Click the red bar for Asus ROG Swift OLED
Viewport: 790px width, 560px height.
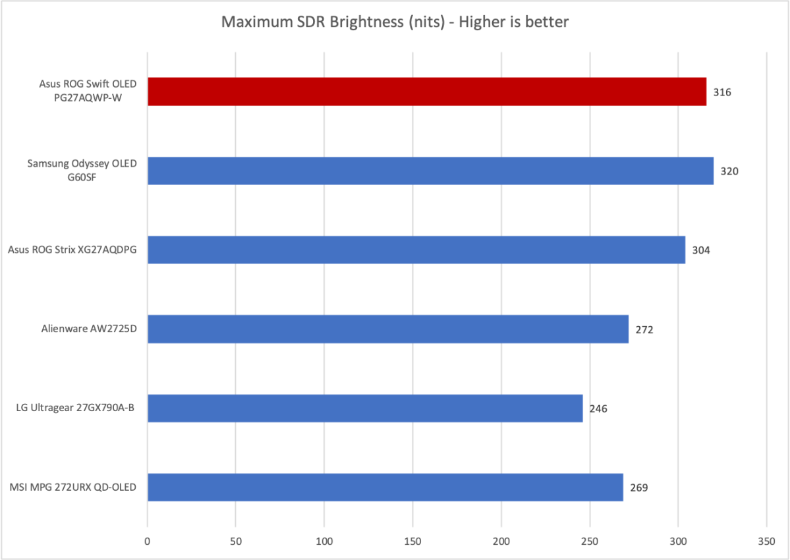click(x=426, y=92)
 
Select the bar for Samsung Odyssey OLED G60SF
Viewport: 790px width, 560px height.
click(x=430, y=171)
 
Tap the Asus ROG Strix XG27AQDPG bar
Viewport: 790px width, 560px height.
click(x=416, y=250)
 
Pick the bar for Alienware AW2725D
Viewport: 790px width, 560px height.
click(x=387, y=329)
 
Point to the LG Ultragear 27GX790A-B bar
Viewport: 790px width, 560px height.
click(x=365, y=408)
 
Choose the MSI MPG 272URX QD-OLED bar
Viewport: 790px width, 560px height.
click(x=385, y=487)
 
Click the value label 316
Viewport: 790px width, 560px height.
click(x=722, y=92)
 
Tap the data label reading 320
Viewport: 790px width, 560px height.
click(x=729, y=171)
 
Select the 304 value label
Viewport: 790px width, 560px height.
click(x=701, y=250)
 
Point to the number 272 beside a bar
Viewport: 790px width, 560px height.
click(x=644, y=329)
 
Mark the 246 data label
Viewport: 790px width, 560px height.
click(x=598, y=408)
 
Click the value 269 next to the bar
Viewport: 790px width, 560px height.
click(x=639, y=488)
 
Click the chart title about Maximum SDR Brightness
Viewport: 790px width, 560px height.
click(x=395, y=22)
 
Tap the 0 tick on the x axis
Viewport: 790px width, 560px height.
click(x=148, y=541)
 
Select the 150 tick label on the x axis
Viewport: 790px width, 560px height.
click(x=412, y=541)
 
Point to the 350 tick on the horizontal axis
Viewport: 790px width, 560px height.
click(x=766, y=541)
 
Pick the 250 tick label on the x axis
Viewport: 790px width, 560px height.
click(x=590, y=541)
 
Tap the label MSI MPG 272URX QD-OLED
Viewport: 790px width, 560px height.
click(x=74, y=487)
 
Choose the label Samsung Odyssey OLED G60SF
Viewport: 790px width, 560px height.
click(x=82, y=171)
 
